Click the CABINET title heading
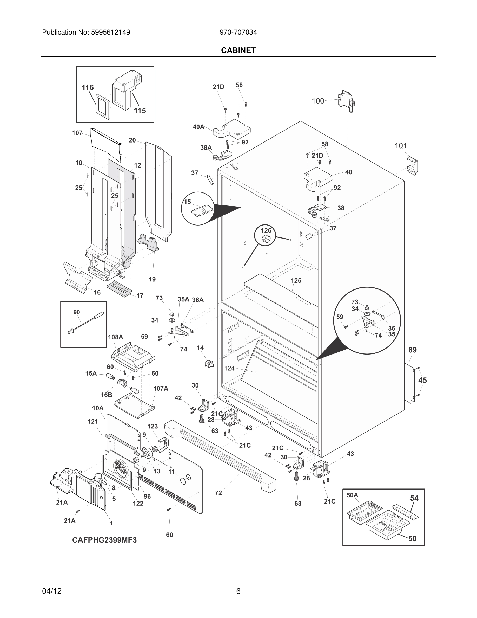238,50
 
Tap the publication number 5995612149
110,32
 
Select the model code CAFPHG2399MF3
104,540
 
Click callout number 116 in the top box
88,87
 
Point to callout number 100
318,101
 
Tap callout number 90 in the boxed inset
77,312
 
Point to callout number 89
412,350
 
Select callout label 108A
115,337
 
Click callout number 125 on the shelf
296,280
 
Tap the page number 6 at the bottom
238,591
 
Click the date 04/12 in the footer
52,591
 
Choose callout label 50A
352,495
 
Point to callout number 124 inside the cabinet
229,368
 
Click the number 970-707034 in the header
238,32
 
